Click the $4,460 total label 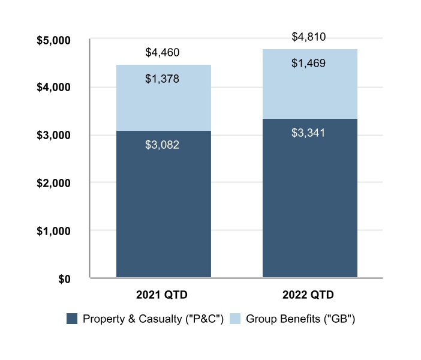pos(163,53)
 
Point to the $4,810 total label pos(309,37)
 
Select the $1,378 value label pos(163,79)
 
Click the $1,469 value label pos(309,63)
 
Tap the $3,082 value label pos(163,145)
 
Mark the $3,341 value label pos(309,133)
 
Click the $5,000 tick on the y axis pos(54,40)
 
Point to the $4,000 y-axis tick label pos(54,88)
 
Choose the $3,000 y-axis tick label pos(54,136)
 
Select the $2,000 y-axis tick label pos(54,183)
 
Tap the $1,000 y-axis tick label pos(54,231)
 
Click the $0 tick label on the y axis pos(63,278)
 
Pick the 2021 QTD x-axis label pos(163,295)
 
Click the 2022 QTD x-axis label pos(309,295)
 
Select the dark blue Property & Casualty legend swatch pos(72,319)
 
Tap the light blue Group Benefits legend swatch pos(235,319)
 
